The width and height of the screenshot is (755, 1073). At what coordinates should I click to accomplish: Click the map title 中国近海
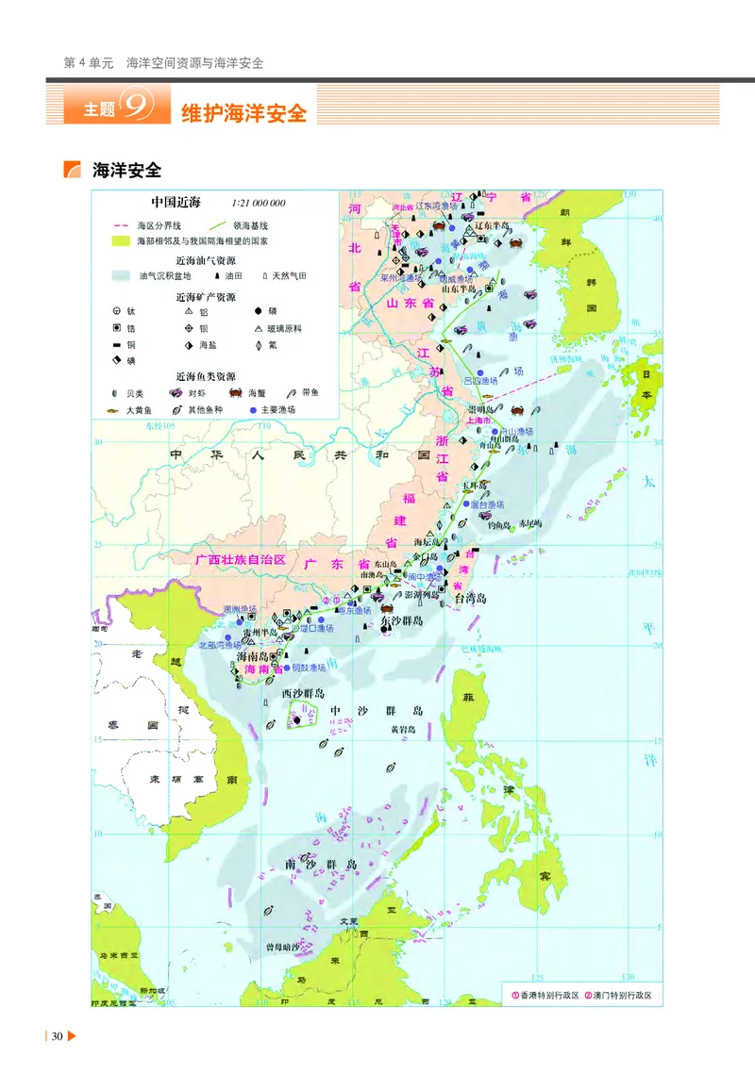(x=176, y=202)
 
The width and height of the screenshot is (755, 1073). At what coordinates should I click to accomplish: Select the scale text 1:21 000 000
(x=258, y=203)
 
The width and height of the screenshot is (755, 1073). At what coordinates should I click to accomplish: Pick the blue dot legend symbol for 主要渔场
(x=253, y=410)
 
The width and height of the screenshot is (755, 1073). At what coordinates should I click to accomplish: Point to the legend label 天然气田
(x=289, y=276)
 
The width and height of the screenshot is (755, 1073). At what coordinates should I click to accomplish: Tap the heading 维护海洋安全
(x=244, y=113)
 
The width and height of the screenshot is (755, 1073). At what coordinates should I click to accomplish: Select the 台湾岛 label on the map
(x=470, y=598)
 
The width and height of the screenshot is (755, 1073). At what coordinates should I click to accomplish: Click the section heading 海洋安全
(x=127, y=170)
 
